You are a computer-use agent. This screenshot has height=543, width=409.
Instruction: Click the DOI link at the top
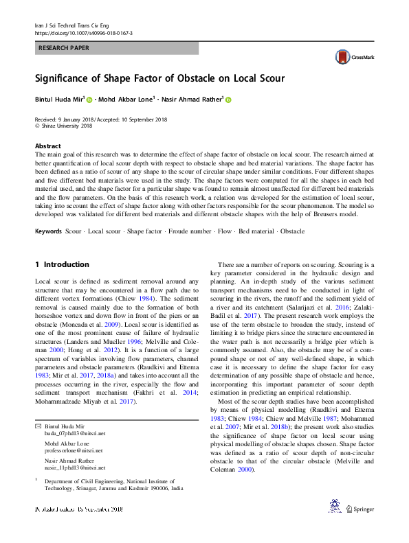[x=83, y=33]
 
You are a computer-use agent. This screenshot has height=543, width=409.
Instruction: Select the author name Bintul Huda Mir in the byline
[x=58, y=100]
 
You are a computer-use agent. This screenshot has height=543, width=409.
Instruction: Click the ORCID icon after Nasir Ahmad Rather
[x=228, y=100]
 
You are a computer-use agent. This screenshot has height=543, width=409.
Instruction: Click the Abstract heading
[x=47, y=146]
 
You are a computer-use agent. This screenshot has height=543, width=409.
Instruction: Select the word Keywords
[x=48, y=231]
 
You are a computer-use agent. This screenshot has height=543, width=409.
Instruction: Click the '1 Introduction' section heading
[x=62, y=264]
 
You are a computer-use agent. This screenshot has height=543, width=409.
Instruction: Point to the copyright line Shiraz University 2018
[x=67, y=126]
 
